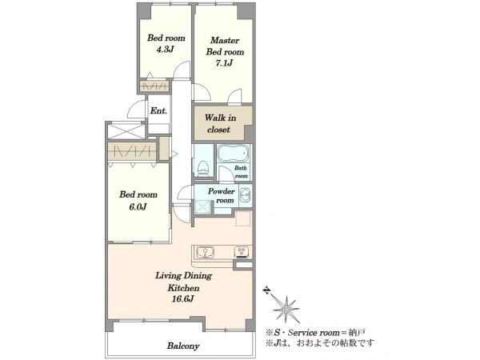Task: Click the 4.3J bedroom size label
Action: (166, 50)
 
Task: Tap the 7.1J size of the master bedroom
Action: (224, 63)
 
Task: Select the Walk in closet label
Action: (220, 123)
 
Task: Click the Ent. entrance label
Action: (158, 110)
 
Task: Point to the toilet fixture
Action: (203, 169)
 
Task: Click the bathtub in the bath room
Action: (234, 154)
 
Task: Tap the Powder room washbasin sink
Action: (246, 195)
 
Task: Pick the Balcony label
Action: (183, 346)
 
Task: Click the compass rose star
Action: (286, 310)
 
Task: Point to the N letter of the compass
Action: (267, 290)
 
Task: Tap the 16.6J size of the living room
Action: (182, 299)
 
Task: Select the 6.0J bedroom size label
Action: (138, 207)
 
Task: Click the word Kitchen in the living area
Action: (183, 288)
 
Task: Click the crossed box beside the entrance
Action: (126, 130)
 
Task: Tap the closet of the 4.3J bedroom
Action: (154, 86)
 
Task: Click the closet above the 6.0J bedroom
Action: (132, 151)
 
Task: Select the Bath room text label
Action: (241, 172)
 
